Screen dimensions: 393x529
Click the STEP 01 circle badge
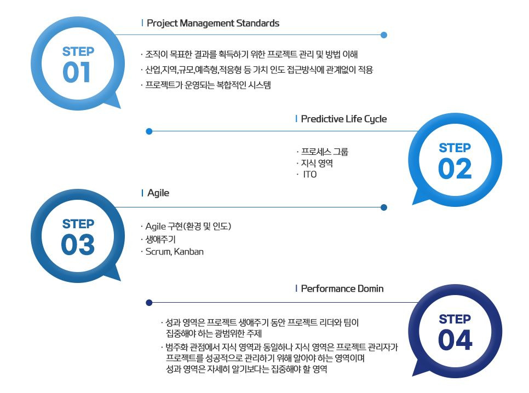tap(77, 65)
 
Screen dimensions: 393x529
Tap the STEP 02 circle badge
tap(455, 160)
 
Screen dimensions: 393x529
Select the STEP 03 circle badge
tap(77, 237)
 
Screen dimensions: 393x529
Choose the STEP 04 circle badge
tap(455, 332)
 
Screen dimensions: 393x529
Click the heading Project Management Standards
tap(213, 24)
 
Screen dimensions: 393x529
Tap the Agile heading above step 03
tap(158, 193)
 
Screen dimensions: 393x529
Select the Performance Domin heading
tap(342, 288)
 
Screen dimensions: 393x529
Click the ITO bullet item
tap(309, 175)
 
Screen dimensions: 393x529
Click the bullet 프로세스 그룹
tap(324, 152)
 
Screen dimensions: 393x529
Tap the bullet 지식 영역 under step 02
tap(317, 163)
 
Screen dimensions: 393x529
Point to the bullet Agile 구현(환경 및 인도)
tap(188, 227)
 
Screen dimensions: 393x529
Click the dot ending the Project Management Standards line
tap(383, 35)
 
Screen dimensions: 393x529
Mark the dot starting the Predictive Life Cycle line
tap(149, 131)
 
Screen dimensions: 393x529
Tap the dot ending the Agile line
tap(383, 207)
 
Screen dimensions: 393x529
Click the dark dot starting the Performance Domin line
tap(149, 303)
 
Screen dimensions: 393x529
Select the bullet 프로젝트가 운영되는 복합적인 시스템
tap(208, 85)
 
